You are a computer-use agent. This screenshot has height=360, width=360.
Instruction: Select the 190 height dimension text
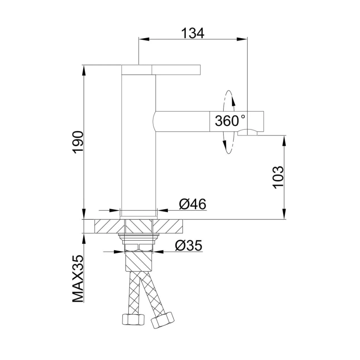point(77,143)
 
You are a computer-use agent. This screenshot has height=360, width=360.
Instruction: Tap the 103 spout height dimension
point(279,177)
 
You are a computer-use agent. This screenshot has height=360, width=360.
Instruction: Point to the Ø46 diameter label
point(193,204)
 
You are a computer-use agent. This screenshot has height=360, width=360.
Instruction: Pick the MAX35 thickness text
point(78,279)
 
